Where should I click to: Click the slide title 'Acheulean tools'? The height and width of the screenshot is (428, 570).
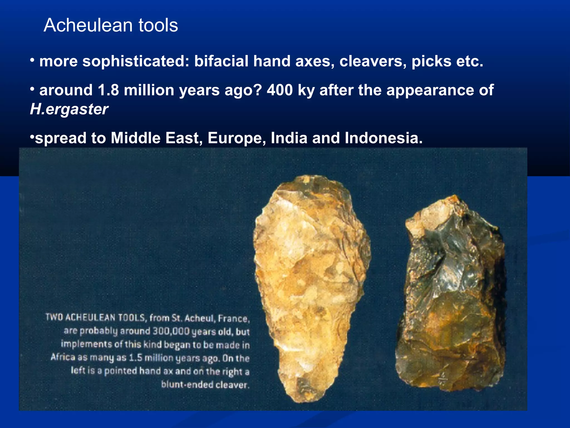coord(111,25)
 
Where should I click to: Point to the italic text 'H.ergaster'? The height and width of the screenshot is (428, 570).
coord(69,109)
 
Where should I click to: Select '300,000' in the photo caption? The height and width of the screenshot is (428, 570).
coord(171,331)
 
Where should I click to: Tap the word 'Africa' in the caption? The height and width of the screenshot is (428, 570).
coord(63,357)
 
